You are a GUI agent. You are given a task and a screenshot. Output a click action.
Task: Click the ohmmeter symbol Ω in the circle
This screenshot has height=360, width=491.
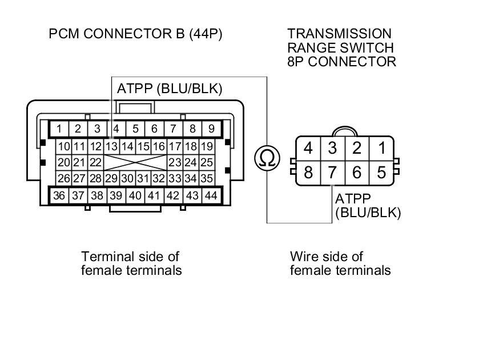coord(267,158)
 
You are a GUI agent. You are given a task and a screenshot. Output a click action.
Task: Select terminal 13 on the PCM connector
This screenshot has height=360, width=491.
coord(112,147)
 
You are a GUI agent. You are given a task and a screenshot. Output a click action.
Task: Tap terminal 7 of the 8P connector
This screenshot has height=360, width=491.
coord(333,172)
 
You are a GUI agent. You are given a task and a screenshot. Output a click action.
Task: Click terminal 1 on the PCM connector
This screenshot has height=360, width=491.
coord(59,129)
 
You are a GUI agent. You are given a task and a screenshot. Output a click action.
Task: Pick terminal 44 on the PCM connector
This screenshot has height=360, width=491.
coord(211,195)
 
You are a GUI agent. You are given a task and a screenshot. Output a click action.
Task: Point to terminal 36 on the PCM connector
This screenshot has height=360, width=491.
coord(59,195)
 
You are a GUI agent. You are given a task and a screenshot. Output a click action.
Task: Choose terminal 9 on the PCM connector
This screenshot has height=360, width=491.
coord(212,129)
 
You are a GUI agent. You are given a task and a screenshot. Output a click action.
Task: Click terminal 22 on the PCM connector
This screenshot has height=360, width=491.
coord(96,163)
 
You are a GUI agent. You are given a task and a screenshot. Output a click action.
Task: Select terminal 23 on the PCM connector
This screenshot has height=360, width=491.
coord(175,163)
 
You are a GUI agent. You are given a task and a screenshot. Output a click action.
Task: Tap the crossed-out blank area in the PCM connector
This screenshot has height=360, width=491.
coord(135,163)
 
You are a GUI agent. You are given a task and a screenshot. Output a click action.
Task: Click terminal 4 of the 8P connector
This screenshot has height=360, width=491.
coord(308,149)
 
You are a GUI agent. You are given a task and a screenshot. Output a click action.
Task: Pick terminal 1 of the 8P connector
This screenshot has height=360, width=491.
coord(381,149)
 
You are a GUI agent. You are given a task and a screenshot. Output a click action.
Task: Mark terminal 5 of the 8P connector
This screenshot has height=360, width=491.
coord(381,172)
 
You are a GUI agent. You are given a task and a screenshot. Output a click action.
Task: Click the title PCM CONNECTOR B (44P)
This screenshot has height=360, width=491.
coord(135,34)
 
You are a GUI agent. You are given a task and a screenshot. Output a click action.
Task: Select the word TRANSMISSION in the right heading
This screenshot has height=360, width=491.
coord(340,34)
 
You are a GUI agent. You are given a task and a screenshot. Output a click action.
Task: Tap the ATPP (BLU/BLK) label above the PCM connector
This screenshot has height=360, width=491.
coord(170,89)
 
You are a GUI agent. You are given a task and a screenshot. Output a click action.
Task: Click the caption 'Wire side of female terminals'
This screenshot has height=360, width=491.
coord(340,263)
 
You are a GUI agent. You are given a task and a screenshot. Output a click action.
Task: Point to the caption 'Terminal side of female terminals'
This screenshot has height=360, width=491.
coord(131,263)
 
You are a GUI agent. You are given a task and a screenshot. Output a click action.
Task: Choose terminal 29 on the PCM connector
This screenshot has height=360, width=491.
coord(112,178)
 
